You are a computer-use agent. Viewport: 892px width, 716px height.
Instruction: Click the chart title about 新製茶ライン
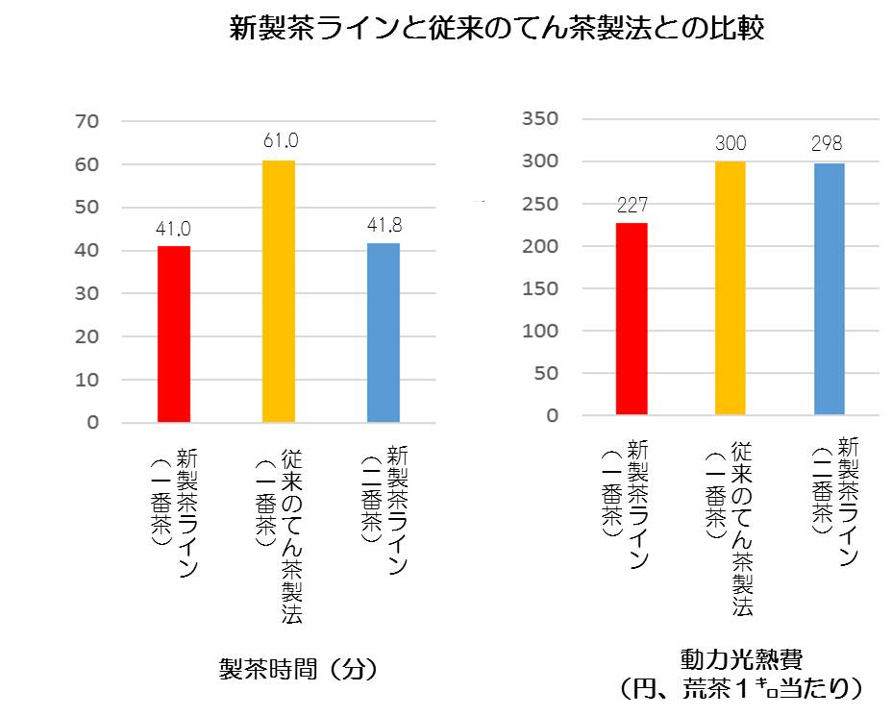point(497,28)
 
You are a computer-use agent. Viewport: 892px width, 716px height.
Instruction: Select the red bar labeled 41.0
point(174,333)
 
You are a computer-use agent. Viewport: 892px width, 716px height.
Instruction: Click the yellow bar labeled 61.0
point(279,291)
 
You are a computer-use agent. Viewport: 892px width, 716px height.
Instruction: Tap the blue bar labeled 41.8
point(384,333)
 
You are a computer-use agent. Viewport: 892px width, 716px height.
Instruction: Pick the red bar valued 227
point(632,319)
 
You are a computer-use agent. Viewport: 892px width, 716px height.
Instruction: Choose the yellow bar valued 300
point(731,288)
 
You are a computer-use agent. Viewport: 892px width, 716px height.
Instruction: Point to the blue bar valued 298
point(830,289)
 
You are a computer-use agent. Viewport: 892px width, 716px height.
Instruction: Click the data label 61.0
point(280,142)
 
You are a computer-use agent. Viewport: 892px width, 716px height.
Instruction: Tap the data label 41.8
point(384,227)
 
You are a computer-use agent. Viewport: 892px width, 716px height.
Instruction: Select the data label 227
point(632,205)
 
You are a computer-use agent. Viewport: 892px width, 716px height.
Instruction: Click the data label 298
point(827,144)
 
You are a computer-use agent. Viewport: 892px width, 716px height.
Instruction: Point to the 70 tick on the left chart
point(88,122)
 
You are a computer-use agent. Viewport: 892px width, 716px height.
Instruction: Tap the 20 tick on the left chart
point(88,337)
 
